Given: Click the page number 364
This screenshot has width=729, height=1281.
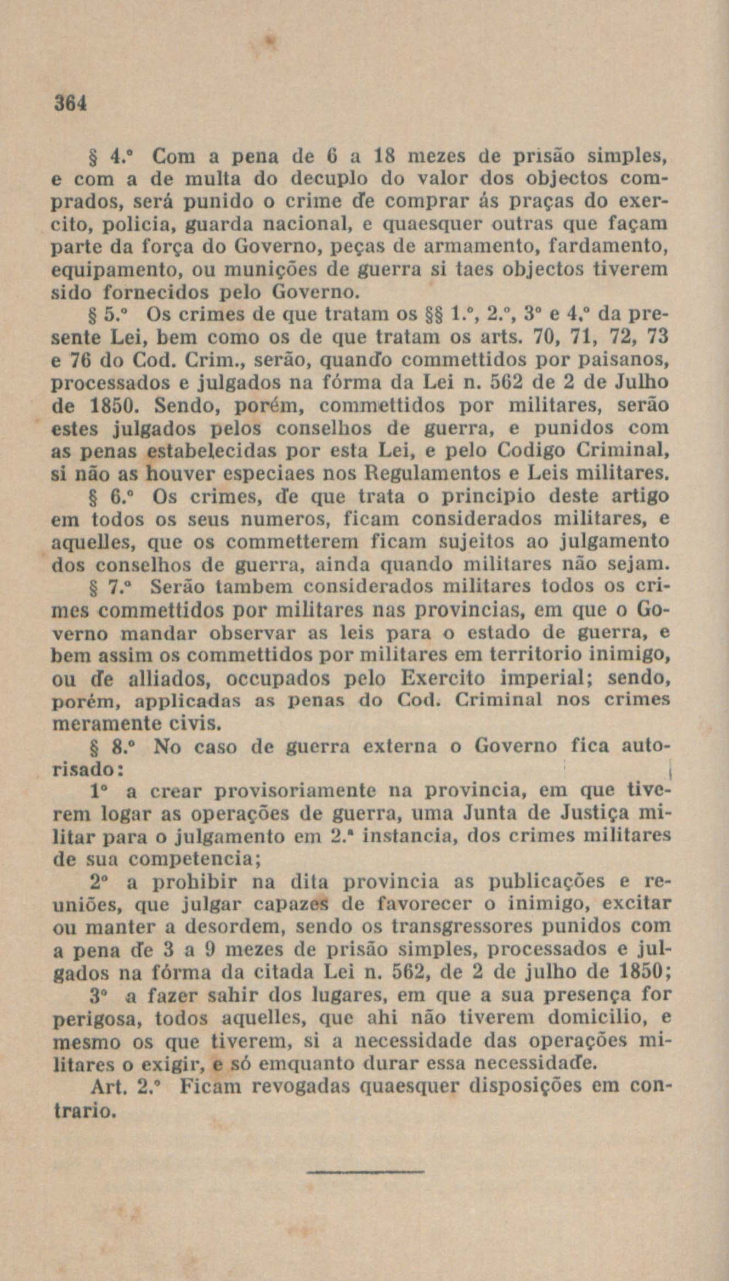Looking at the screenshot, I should [70, 103].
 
